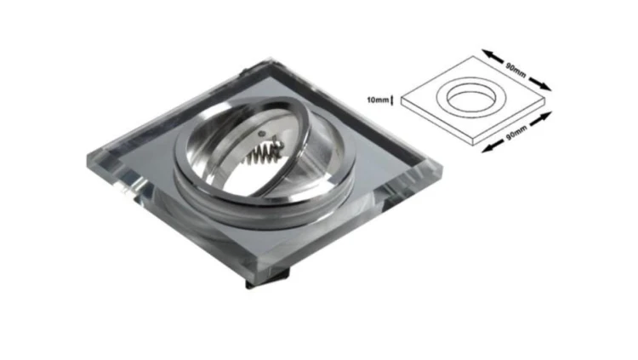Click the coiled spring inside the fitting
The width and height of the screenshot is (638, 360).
coord(263,153)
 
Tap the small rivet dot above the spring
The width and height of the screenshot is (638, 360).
coord(262,134)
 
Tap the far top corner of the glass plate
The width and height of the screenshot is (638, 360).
coord(270,59)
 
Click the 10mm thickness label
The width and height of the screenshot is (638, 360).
coord(378,100)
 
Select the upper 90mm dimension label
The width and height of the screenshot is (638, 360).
coord(516,70)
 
